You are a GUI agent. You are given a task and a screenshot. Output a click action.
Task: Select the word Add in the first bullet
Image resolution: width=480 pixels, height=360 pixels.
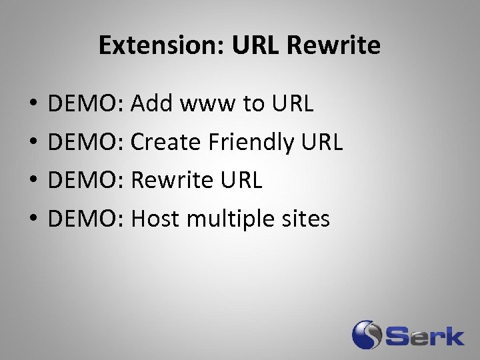tap(151, 104)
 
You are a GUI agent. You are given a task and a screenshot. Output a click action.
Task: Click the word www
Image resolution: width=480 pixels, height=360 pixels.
tap(205, 104)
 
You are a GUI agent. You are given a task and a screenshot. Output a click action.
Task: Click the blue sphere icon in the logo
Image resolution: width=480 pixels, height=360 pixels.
tap(366, 335)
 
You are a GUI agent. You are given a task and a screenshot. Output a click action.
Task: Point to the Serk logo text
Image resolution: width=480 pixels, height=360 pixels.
tap(423, 335)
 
